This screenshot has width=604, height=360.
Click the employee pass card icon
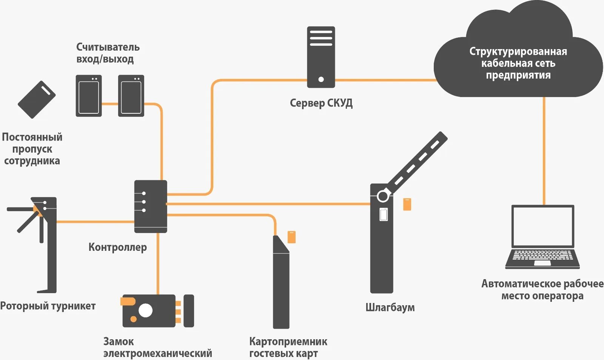coord(37,99)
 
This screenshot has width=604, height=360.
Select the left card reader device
coord(89,96)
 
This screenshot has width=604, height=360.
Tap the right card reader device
coord(131,96)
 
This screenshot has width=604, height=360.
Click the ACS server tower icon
coord(321,57)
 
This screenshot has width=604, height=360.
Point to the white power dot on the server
coord(321,79)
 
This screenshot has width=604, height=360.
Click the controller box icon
coord(151,206)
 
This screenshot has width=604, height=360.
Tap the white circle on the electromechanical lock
coord(145,311)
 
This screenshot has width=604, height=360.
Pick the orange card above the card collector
coord(291,237)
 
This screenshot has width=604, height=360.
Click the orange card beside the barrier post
coord(407,204)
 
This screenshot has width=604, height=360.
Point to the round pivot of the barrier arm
coord(383,196)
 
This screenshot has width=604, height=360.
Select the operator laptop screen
coord(543,226)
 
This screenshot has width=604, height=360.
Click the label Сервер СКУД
coord(321,103)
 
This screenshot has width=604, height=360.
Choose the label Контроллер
coord(117,247)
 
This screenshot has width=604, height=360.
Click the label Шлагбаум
coord(390,307)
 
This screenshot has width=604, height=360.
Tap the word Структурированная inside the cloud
coord(518,51)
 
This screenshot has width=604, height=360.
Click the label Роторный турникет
coord(48,306)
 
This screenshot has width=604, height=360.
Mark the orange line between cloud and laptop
coord(544,151)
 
